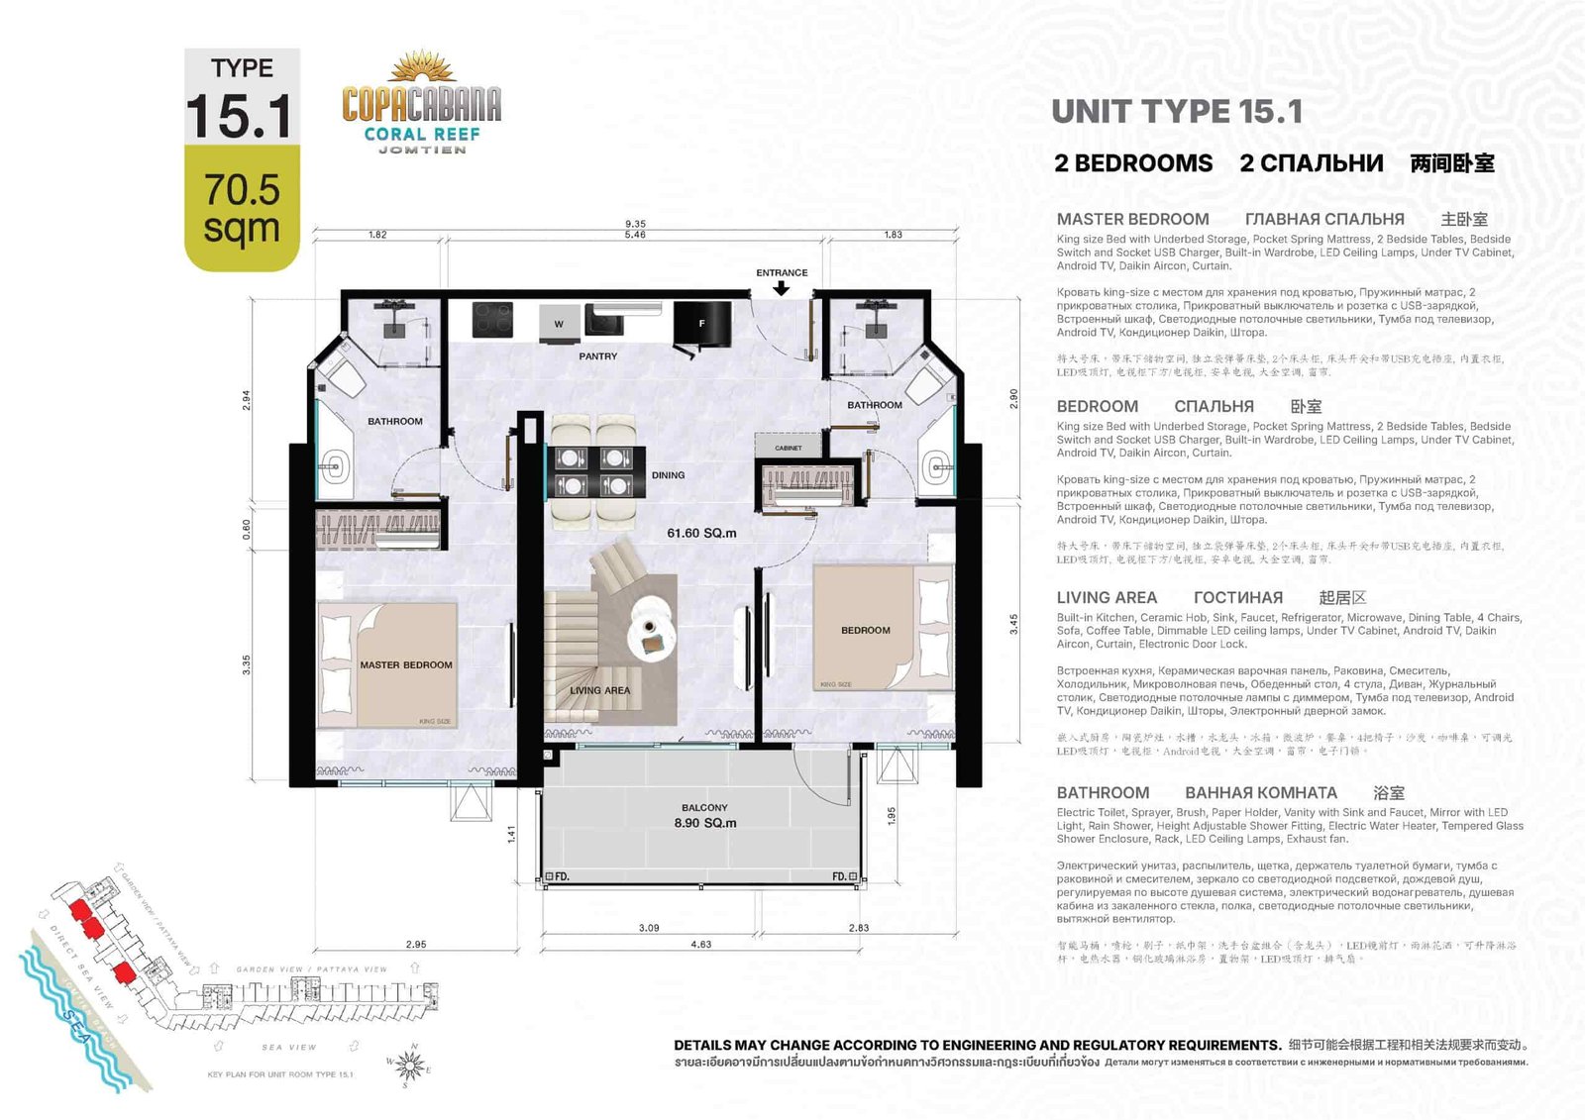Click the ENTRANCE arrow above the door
(x=781, y=288)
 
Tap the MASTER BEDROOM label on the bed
(x=405, y=664)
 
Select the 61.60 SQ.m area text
(x=701, y=533)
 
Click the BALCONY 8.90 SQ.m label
(x=704, y=816)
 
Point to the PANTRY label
(x=597, y=356)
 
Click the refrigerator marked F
(x=701, y=324)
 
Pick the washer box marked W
(x=559, y=323)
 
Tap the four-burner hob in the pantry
(x=492, y=320)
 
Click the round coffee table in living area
(x=652, y=626)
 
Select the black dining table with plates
(x=594, y=471)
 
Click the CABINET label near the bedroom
(x=789, y=448)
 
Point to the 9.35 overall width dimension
(x=635, y=224)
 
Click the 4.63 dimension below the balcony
(x=700, y=944)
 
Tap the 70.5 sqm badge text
(x=242, y=208)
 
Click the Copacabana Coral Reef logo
(x=422, y=104)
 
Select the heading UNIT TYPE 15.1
(x=1177, y=112)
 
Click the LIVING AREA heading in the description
(x=1107, y=597)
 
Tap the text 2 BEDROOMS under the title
(x=1133, y=163)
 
